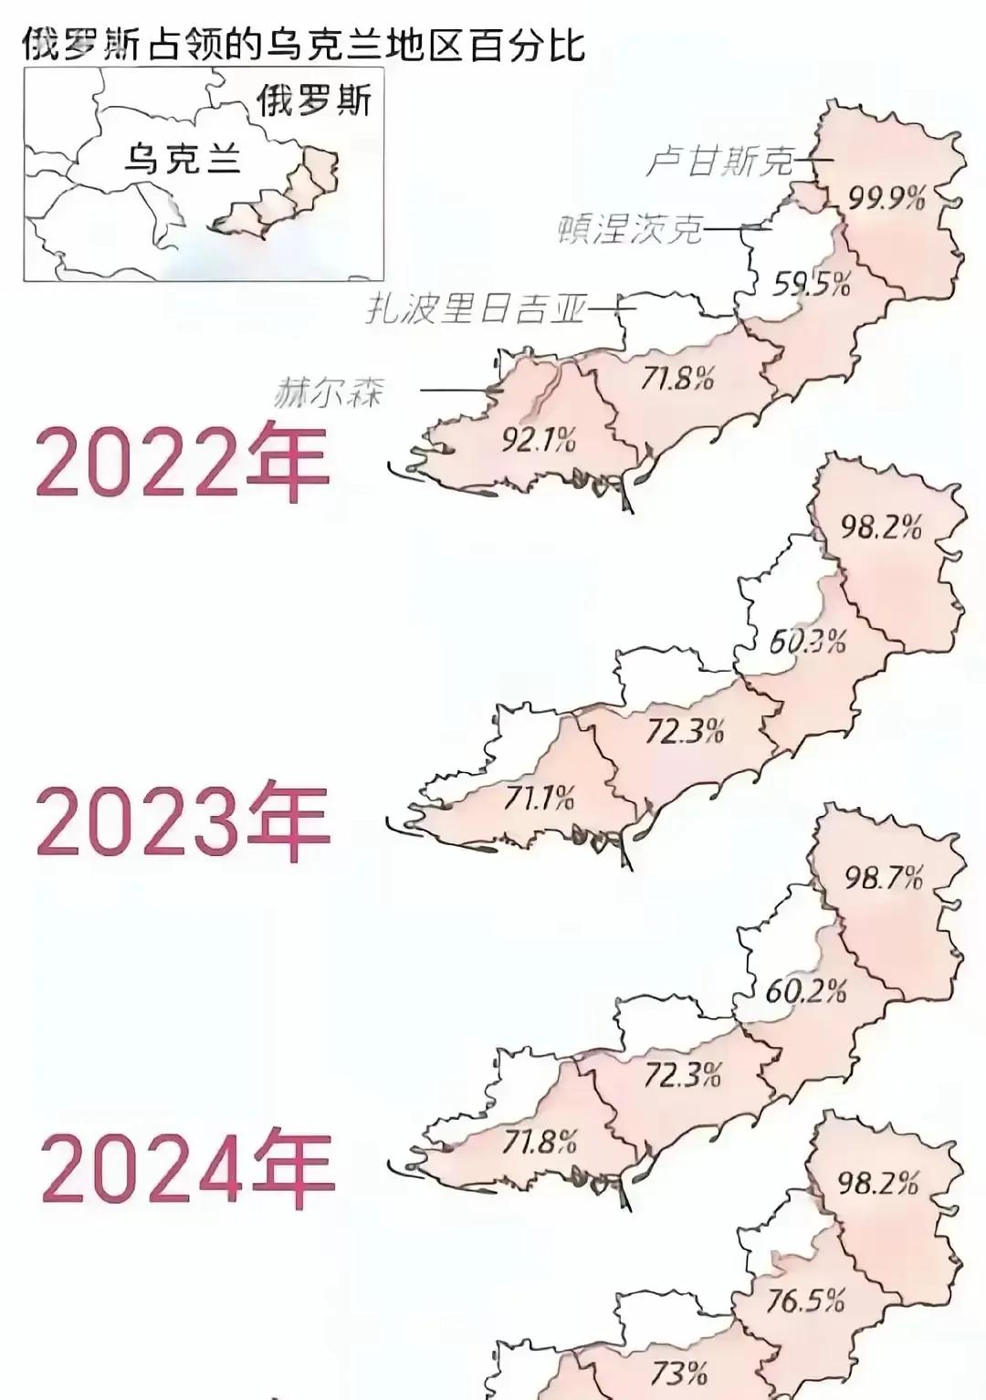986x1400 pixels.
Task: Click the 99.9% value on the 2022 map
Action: click(886, 197)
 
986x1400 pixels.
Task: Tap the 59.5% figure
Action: click(812, 284)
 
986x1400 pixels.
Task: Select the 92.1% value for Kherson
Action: click(539, 441)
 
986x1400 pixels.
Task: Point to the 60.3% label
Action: click(807, 642)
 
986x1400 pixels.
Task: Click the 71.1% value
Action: click(539, 799)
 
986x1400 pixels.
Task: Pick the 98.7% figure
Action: click(884, 878)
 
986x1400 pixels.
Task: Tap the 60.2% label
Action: click(805, 991)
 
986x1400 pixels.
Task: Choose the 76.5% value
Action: click(804, 1300)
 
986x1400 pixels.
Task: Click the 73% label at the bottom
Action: click(679, 1373)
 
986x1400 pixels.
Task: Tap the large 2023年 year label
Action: click(182, 820)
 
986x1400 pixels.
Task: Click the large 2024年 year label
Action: click(187, 1169)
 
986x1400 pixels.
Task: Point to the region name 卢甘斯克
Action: click(719, 162)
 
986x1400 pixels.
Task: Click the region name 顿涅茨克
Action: click(630, 228)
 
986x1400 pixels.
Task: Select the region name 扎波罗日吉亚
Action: click(475, 309)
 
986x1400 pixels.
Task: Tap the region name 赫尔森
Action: click(329, 393)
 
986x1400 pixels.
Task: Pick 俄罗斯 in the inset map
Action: click(314, 99)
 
